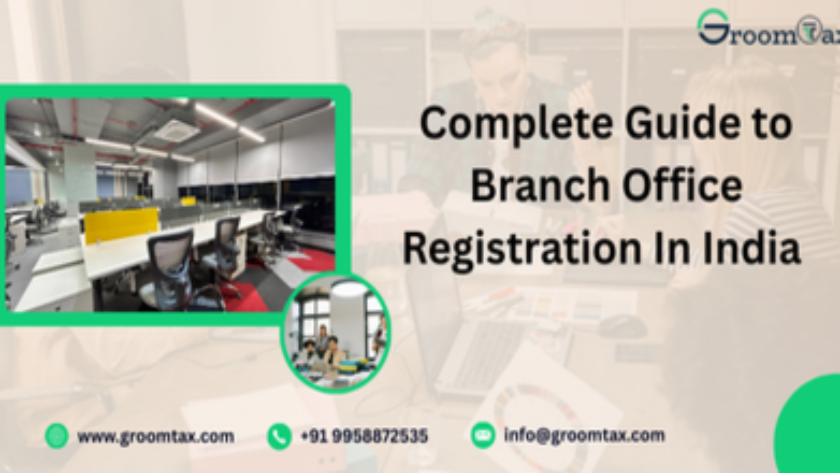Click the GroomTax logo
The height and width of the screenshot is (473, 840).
[768, 29]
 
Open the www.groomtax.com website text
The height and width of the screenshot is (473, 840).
[156, 436]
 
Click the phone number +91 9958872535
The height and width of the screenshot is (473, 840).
[364, 436]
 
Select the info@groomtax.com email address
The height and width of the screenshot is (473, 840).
[584, 435]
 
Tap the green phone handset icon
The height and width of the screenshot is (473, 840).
[279, 436]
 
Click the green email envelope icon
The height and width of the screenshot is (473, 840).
[483, 435]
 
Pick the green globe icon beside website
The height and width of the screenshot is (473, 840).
[57, 436]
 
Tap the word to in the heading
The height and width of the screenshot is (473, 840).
[774, 124]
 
